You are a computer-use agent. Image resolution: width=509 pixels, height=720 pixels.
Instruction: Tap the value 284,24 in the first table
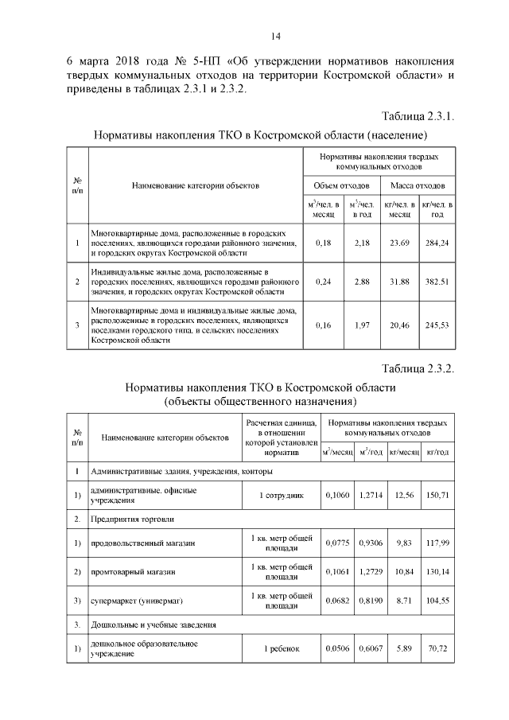click(x=437, y=242)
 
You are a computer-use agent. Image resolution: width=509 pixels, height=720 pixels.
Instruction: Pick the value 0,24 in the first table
click(x=323, y=282)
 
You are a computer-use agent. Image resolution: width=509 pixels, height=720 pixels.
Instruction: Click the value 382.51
click(x=437, y=282)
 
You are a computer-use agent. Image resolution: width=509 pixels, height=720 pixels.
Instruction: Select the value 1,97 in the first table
click(x=362, y=325)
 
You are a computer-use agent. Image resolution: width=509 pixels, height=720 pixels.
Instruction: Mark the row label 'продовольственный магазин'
click(x=144, y=543)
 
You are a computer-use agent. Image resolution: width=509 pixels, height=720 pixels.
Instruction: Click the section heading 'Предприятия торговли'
click(x=132, y=519)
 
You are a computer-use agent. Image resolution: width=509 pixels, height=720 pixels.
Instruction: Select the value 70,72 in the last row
click(x=437, y=648)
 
